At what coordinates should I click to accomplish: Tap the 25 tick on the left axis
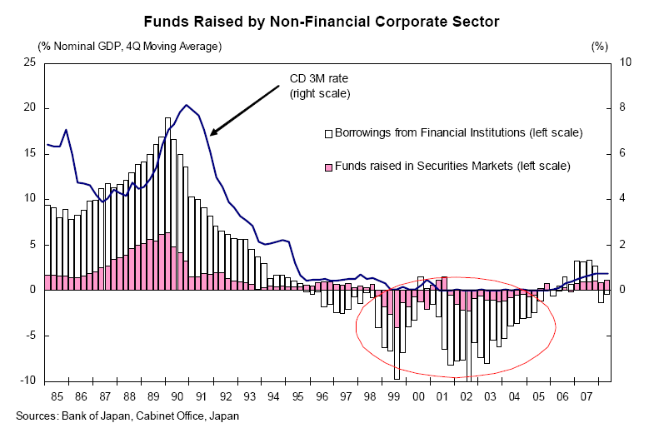(29, 62)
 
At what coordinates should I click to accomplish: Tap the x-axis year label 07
(587, 396)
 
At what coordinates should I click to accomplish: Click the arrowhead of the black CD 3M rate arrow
(212, 133)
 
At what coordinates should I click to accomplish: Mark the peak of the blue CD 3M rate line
(186, 105)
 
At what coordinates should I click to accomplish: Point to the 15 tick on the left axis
(29, 153)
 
